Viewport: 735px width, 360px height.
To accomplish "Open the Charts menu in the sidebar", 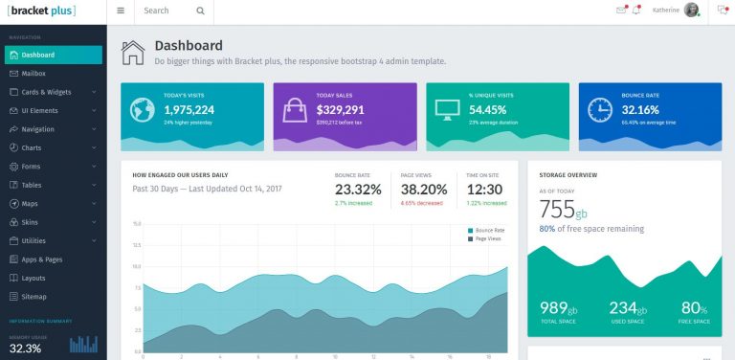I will click(32, 147).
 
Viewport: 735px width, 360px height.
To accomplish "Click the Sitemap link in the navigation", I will click(33, 296).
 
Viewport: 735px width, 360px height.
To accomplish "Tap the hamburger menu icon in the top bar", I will click(120, 11).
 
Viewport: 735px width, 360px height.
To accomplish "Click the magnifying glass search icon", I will click(200, 11).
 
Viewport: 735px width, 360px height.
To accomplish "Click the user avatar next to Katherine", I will click(718, 11).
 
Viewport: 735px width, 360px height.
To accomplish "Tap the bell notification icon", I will click(636, 11).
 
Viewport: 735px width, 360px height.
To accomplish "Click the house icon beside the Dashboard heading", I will click(133, 52).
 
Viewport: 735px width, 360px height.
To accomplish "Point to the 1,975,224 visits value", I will click(189, 110).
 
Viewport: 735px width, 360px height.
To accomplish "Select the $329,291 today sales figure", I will click(341, 110).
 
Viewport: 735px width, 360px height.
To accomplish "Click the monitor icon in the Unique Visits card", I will click(447, 109).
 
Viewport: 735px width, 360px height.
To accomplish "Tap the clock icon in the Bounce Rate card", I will click(600, 109).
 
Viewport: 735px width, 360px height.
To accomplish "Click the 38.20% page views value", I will click(424, 190).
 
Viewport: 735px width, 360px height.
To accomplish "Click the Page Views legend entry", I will click(488, 238).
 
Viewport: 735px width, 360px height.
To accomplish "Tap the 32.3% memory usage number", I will click(25, 349).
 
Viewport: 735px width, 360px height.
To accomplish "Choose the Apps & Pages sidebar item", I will click(41, 259).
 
